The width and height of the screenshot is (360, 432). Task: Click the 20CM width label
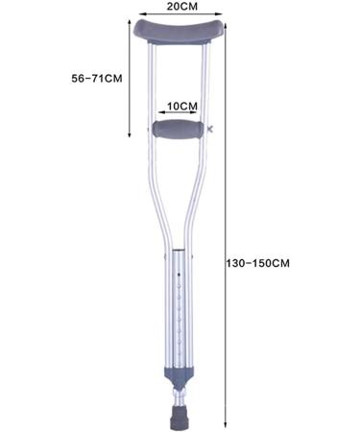pyautogui.click(x=181, y=7)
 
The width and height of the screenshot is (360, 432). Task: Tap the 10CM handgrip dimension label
pyautogui.click(x=181, y=105)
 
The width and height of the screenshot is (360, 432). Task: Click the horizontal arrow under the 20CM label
pyautogui.click(x=181, y=17)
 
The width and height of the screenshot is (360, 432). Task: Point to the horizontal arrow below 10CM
pyautogui.click(x=180, y=114)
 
